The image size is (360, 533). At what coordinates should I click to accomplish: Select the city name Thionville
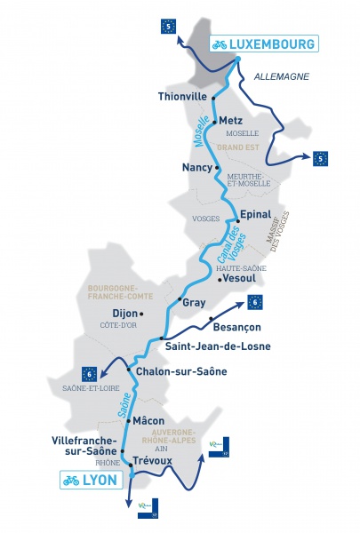tap(181, 96)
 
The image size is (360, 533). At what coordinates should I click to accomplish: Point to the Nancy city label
tap(196, 166)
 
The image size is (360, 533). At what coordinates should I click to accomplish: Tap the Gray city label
tap(194, 302)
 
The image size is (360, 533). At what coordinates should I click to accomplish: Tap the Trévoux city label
tap(152, 461)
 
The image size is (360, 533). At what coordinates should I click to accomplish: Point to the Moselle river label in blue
tap(202, 131)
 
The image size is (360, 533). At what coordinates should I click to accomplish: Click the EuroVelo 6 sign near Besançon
tap(256, 302)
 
